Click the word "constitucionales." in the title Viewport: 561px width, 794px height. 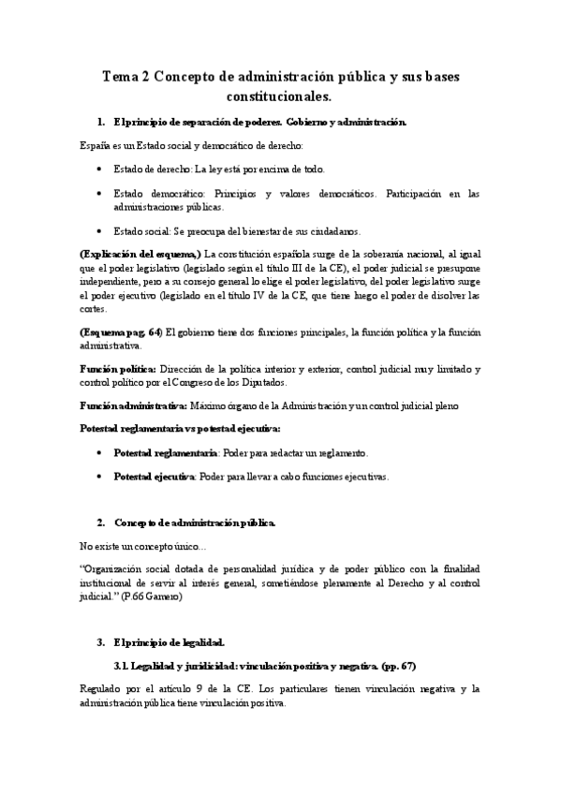[278, 96]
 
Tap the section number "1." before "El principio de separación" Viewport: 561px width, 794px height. [101, 123]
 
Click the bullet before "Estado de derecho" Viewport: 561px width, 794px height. [101, 169]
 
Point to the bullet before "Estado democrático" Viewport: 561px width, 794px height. [101, 194]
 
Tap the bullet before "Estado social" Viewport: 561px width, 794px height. [101, 230]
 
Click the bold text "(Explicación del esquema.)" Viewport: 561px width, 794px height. [140, 255]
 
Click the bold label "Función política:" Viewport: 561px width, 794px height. [118, 370]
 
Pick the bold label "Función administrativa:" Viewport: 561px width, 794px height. [133, 406]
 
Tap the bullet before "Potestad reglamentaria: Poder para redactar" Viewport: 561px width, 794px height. [101, 452]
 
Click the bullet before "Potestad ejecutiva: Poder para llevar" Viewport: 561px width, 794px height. [101, 477]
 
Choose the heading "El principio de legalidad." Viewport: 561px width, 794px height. [170, 641]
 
